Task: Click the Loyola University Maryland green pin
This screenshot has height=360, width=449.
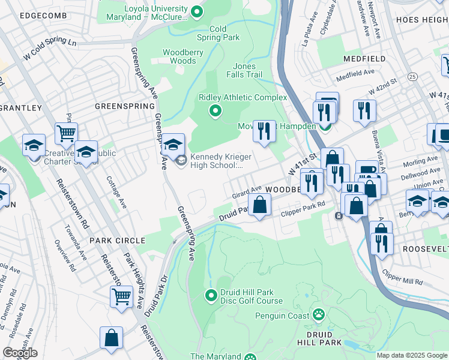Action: point(196,11)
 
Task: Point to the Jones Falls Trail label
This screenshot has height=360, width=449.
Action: point(244,70)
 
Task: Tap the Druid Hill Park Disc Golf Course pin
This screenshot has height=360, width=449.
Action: point(211,295)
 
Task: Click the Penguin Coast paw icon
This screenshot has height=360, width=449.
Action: point(318,314)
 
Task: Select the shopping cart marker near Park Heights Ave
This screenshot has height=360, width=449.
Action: point(121,296)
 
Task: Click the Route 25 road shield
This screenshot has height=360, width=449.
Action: point(412,77)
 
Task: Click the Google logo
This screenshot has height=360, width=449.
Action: point(20,353)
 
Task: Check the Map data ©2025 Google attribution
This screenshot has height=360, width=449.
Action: point(412,355)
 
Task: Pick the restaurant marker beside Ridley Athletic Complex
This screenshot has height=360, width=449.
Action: point(264,130)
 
